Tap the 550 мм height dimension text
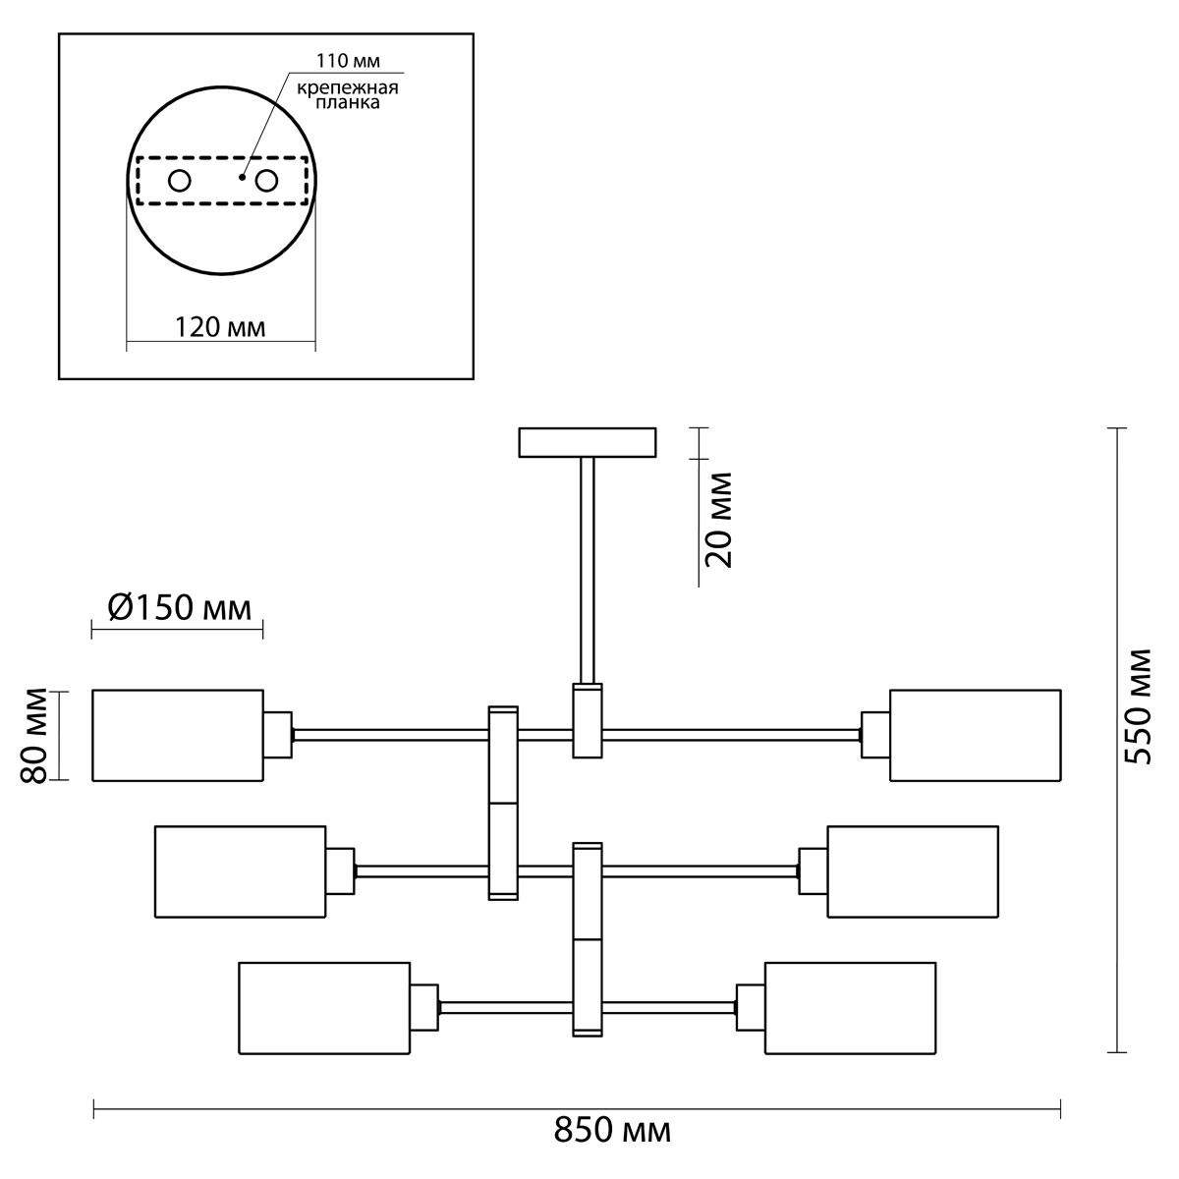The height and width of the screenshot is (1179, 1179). [x=1139, y=706]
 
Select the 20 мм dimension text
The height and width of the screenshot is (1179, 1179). [x=718, y=520]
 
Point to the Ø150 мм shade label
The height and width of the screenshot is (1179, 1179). [x=179, y=608]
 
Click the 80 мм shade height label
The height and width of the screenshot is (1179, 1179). [x=33, y=736]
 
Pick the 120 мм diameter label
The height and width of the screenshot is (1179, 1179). [x=220, y=327]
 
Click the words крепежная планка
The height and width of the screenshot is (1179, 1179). [x=348, y=95]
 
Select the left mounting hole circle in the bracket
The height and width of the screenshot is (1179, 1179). [x=179, y=181]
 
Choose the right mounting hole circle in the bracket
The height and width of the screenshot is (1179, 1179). [x=267, y=181]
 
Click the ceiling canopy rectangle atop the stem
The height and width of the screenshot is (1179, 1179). [x=588, y=442]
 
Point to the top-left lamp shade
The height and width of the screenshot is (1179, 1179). [x=178, y=736]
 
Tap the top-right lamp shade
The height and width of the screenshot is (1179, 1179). [x=976, y=736]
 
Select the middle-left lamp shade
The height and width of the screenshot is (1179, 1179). [x=241, y=871]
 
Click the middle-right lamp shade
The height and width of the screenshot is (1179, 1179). [x=913, y=871]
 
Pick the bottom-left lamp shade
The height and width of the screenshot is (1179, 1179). [x=324, y=1008]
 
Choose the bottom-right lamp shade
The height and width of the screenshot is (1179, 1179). [x=851, y=1008]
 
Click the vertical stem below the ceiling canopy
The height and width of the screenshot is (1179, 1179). [x=588, y=570]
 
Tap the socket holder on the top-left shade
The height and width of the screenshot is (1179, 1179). [x=278, y=735]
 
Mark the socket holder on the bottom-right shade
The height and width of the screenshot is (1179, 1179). [x=751, y=1008]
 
